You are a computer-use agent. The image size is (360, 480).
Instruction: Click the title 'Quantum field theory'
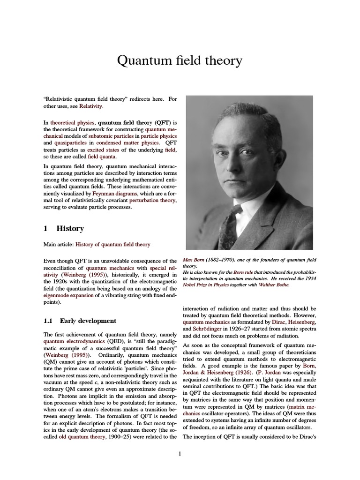180,60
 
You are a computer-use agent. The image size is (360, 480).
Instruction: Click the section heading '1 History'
64,229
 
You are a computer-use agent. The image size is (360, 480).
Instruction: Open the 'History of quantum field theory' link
113,245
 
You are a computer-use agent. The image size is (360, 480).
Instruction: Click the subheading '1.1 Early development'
80,321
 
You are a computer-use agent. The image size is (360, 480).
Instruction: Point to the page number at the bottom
180,453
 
